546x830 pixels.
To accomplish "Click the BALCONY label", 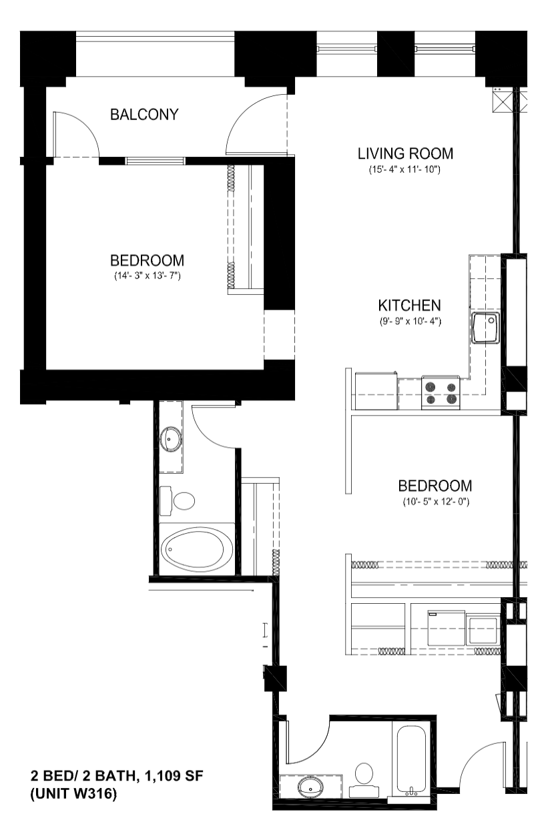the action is (145, 115).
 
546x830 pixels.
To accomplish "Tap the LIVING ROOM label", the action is (405, 153).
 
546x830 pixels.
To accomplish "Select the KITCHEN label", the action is (410, 306).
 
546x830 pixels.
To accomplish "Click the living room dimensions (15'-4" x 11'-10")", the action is (404, 170).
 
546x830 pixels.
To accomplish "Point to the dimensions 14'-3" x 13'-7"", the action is (148, 276).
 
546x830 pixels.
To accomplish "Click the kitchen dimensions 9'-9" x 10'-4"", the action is (410, 321).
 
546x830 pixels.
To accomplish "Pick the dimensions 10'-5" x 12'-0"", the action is (436, 502).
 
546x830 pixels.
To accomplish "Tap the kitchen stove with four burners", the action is (441, 393).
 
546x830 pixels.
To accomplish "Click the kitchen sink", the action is (485, 328).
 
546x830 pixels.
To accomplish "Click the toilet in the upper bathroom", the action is (177, 501).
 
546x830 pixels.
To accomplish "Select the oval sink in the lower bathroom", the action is (311, 787).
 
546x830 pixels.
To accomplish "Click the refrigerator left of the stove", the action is (376, 390).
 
